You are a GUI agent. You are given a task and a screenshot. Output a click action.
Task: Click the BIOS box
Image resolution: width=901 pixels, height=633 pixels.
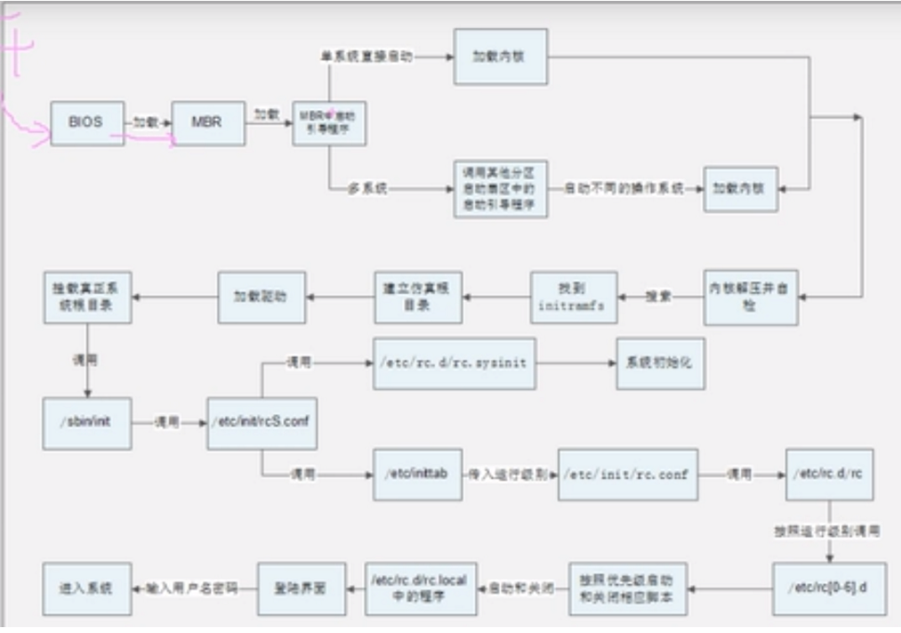coord(86,123)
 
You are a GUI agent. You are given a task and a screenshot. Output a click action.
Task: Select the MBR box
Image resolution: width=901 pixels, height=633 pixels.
coord(208,123)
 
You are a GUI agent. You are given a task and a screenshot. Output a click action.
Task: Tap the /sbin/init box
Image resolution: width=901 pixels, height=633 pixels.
coord(87,423)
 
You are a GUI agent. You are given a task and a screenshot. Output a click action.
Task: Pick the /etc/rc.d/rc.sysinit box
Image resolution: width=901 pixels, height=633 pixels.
coord(454,364)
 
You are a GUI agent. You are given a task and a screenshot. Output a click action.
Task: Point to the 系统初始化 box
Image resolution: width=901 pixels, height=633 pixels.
coord(660,364)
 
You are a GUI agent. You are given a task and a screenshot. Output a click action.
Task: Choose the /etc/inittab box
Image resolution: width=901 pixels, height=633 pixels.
coord(417,475)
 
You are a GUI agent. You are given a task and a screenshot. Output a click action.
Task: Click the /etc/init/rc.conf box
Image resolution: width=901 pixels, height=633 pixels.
coord(628,475)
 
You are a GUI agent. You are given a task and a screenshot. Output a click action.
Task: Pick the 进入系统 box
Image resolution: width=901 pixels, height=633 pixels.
coord(87,589)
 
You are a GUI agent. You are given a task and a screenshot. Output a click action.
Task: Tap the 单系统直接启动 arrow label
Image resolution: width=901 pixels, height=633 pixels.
coord(367,58)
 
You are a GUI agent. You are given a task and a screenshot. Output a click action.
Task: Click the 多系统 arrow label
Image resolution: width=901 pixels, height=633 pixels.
coord(367,189)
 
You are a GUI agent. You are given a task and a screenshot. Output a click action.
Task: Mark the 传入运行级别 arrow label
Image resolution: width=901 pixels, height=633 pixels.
coord(509,475)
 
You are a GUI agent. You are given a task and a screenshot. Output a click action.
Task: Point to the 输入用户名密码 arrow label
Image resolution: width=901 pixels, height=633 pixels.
coord(192,589)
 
